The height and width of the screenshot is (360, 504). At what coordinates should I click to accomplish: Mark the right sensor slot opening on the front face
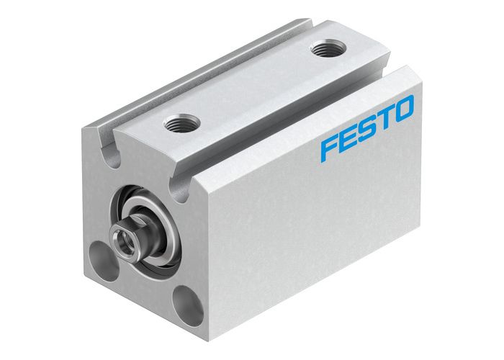coord(176,186)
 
